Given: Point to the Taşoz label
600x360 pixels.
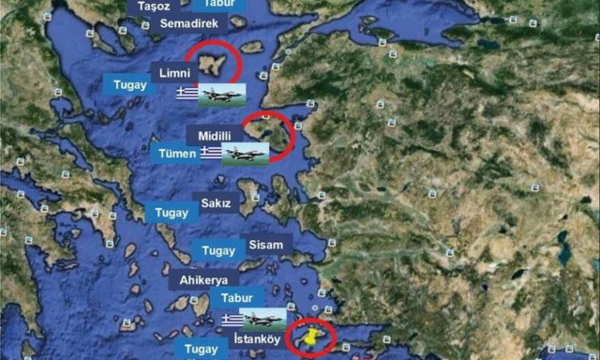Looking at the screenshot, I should pos(155,6).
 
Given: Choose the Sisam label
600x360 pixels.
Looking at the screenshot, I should pos(264,245).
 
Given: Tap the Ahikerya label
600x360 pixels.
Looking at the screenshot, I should pos(203,278).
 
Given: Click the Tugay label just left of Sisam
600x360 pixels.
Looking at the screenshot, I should pos(218,250).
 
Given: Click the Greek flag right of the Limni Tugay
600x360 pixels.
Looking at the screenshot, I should pos(187,93).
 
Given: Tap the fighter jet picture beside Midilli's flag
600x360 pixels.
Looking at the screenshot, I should pos(246,153).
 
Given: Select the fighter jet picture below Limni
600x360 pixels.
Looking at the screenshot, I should pos(222,93).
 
